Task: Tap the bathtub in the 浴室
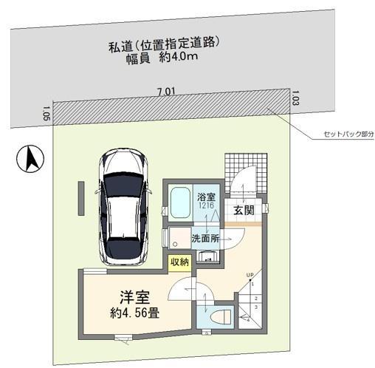coord(179,203)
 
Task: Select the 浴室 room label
coord(206,197)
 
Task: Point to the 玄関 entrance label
coord(244,211)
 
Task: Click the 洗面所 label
coord(206,239)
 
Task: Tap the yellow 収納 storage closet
coord(179,262)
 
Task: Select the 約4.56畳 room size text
coord(135,314)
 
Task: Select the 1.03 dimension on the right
coord(295,96)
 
